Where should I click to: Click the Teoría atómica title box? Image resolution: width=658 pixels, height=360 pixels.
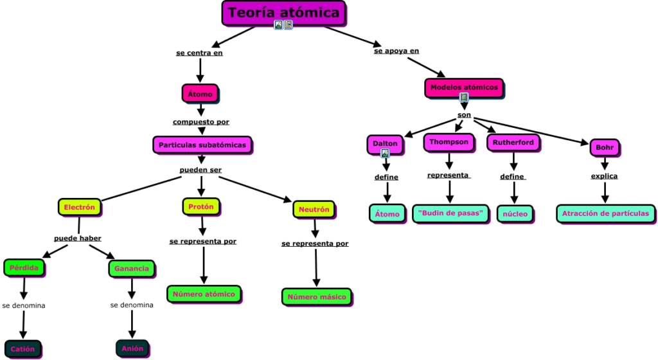[x=283, y=13]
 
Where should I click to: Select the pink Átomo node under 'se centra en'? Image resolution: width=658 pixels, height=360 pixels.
[x=200, y=94]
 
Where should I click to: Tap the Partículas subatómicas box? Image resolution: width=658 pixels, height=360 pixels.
[x=202, y=145]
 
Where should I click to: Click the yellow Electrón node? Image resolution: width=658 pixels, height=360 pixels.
[x=79, y=208]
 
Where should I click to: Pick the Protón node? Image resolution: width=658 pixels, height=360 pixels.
[x=201, y=207]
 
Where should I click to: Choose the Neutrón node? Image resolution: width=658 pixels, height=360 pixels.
[x=314, y=210]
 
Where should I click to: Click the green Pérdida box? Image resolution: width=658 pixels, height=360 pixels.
[x=24, y=267]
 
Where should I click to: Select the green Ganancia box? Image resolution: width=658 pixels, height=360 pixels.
[x=131, y=269]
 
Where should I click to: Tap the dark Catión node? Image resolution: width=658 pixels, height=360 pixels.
[x=23, y=349]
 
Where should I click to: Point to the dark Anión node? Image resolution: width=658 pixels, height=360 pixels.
[x=132, y=348]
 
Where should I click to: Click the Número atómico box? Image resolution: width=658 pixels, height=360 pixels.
[x=204, y=294]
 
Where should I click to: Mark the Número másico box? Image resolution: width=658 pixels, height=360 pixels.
[x=317, y=297]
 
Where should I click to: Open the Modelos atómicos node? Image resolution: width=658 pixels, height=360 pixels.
[x=464, y=87]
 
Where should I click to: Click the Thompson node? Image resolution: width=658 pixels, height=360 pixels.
[x=449, y=141]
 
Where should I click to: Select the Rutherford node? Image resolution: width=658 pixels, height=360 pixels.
[x=513, y=143]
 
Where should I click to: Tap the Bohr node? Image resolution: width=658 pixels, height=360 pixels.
[x=605, y=148]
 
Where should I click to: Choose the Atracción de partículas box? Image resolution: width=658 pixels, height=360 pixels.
[x=605, y=213]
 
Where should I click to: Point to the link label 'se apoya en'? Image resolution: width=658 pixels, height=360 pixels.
[x=396, y=51]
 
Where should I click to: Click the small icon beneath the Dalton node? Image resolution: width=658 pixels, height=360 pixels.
[x=385, y=154]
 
